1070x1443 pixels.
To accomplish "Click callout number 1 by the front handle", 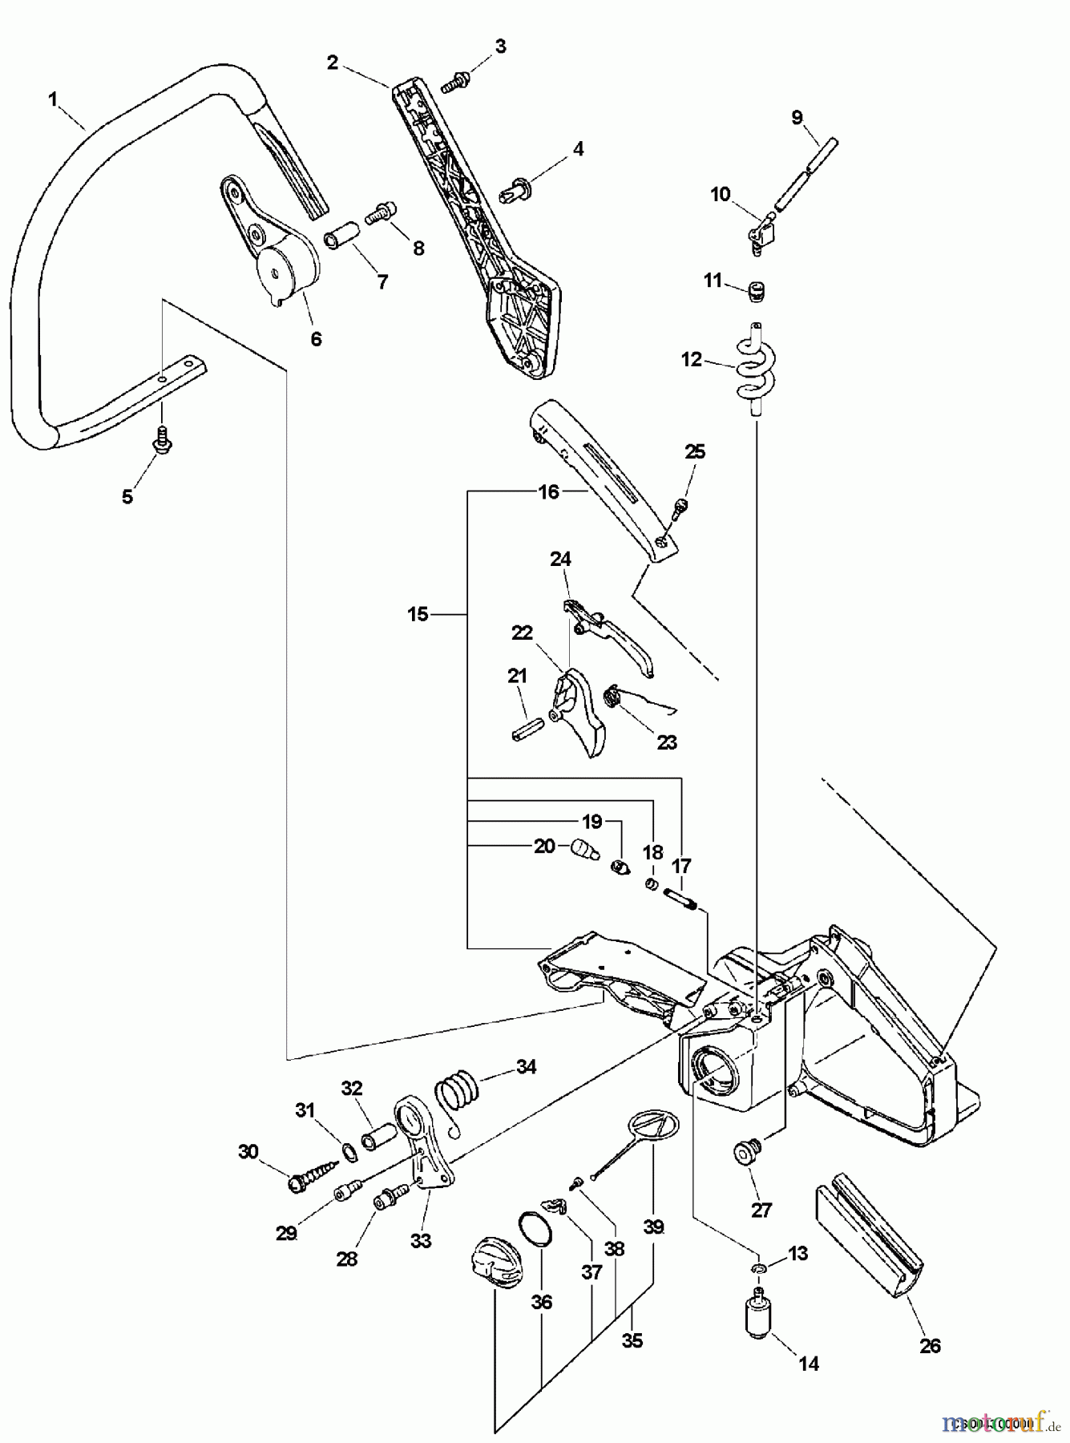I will tap(53, 99).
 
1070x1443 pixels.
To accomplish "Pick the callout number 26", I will tap(930, 1345).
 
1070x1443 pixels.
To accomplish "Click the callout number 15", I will tap(418, 615).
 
